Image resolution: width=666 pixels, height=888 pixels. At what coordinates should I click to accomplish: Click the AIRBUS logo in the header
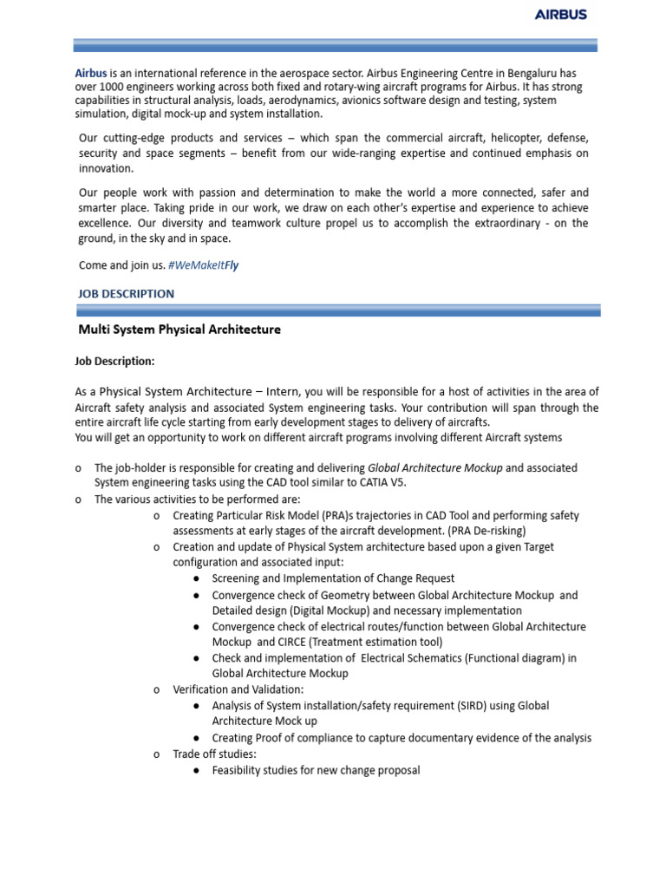560,15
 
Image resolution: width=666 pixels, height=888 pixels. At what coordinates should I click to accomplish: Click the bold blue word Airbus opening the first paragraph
91,74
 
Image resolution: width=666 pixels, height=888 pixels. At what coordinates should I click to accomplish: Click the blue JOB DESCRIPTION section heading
127,294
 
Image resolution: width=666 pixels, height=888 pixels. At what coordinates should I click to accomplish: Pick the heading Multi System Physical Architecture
180,330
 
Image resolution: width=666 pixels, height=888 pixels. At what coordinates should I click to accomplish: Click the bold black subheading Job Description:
116,361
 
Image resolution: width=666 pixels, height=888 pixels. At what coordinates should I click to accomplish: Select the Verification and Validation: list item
238,689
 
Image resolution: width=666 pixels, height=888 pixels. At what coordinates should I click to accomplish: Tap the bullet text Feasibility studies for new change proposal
316,770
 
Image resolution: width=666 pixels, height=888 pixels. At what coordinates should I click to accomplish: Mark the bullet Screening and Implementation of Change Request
333,578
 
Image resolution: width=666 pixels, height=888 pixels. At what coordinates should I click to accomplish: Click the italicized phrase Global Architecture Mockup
435,467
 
